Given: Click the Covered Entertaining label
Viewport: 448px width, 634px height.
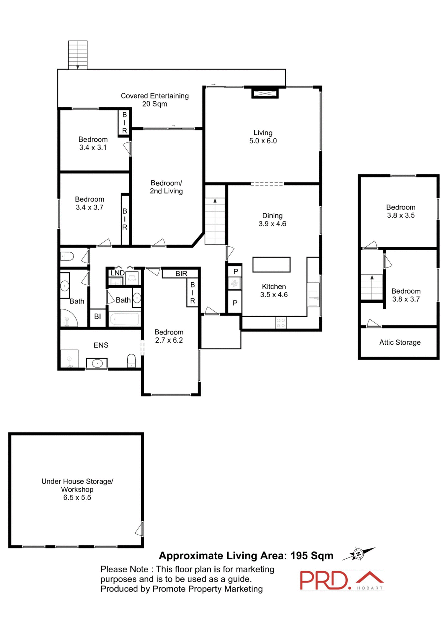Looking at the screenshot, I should pyautogui.click(x=154, y=100).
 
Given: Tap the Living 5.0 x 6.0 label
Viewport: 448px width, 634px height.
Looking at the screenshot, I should pyautogui.click(x=263, y=137).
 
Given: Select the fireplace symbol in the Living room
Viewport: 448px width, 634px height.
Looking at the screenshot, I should pyautogui.click(x=265, y=93).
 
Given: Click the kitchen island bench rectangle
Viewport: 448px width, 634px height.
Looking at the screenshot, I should pyautogui.click(x=271, y=264).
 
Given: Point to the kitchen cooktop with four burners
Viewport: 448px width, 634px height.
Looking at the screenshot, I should pyautogui.click(x=281, y=323).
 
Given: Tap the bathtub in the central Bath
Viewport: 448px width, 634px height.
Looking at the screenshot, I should pyautogui.click(x=125, y=319).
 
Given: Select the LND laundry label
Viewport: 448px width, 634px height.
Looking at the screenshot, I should pyautogui.click(x=117, y=273).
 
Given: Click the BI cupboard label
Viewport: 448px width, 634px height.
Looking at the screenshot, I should pyautogui.click(x=97, y=317).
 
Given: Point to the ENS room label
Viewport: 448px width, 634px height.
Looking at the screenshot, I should pyautogui.click(x=101, y=345).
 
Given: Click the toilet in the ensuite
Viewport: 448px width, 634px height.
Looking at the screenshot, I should pyautogui.click(x=131, y=361).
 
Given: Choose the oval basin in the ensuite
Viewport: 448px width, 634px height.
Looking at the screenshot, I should pyautogui.click(x=97, y=363).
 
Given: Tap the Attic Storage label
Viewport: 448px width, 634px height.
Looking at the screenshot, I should pyautogui.click(x=400, y=342).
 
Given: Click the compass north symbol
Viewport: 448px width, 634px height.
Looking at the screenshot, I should pyautogui.click(x=359, y=554).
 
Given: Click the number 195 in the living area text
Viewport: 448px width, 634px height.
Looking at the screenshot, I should pyautogui.click(x=299, y=556).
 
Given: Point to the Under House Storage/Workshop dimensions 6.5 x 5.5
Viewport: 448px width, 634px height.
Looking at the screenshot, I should pyautogui.click(x=77, y=498).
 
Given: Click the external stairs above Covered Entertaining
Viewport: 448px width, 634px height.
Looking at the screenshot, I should pyautogui.click(x=78, y=55).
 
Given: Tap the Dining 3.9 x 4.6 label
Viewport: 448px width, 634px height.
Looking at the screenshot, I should pyautogui.click(x=272, y=220).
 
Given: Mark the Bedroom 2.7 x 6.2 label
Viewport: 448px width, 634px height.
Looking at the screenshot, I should pyautogui.click(x=169, y=336).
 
